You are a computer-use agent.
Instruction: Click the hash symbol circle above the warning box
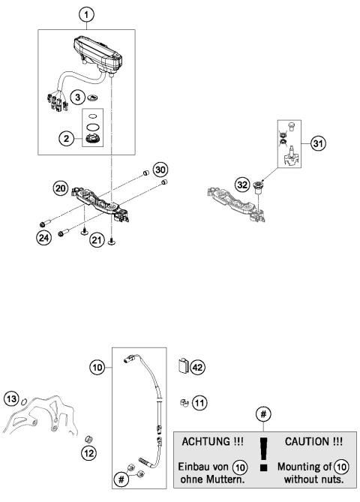point(262,413)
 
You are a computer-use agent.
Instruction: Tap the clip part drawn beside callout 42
point(182,366)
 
